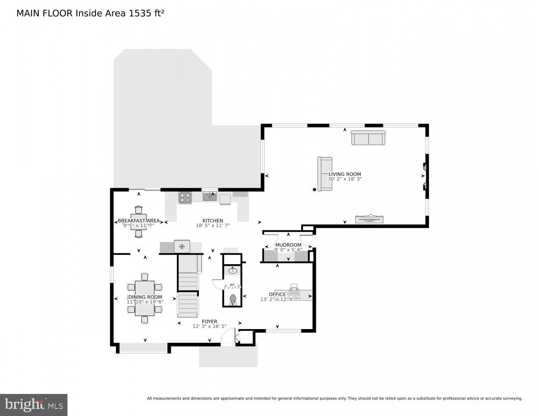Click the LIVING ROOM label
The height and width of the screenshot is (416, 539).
(345, 174)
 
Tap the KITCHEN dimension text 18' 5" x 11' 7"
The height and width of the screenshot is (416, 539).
(213, 226)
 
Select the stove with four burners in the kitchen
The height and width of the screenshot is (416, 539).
(185, 197)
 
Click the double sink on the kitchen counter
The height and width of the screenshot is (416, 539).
(210, 196)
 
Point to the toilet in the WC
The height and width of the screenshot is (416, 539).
(233, 299)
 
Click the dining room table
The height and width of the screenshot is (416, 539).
(144, 292)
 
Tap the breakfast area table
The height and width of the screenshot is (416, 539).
(139, 221)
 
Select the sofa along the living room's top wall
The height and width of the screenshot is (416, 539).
(368, 138)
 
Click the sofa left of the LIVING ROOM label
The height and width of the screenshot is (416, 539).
(325, 174)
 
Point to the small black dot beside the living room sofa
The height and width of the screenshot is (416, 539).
(314, 190)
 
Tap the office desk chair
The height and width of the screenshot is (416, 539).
(294, 287)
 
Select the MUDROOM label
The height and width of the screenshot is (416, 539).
(288, 245)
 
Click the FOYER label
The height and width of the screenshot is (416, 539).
(209, 322)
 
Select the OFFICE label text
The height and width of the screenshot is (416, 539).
(277, 295)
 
